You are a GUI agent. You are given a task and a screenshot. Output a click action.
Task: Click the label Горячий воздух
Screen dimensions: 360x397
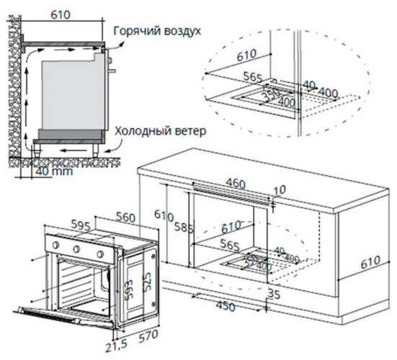[156, 32]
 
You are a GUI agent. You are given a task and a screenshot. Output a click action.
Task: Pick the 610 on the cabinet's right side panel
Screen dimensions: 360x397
[371, 264]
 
